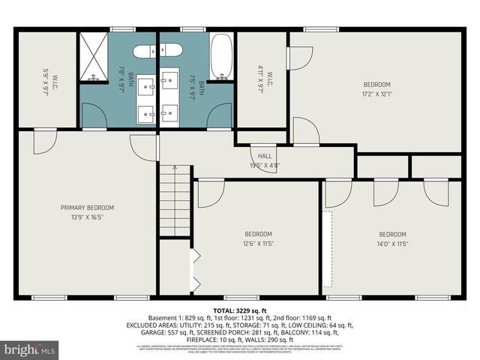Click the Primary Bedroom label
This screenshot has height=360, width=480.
[x=87, y=208]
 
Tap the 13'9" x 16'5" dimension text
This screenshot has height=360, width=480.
[x=87, y=217]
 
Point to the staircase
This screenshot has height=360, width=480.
[x=175, y=201]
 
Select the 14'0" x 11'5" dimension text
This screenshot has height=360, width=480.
[x=392, y=243]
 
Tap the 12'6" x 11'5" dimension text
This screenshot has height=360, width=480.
[x=257, y=243]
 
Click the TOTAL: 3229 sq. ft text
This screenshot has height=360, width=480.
[x=240, y=310]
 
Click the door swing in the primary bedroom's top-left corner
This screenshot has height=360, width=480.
[x=43, y=141]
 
